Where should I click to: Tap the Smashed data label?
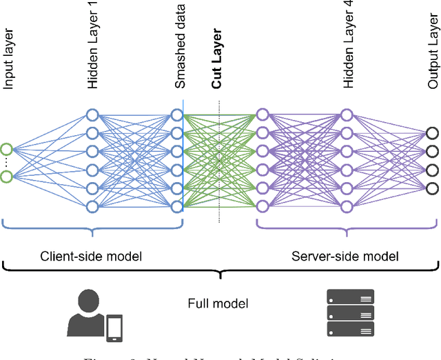point(180,56)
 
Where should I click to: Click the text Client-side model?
point(91,257)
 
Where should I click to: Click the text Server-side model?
point(345,257)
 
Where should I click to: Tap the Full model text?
point(218,303)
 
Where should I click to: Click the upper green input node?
point(7,148)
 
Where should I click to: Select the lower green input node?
point(7,177)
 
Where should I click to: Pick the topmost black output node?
point(433,133)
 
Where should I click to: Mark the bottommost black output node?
point(433,188)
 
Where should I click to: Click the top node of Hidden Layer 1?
point(92,114)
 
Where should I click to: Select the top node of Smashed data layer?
point(177,114)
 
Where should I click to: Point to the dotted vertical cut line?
point(219,166)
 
